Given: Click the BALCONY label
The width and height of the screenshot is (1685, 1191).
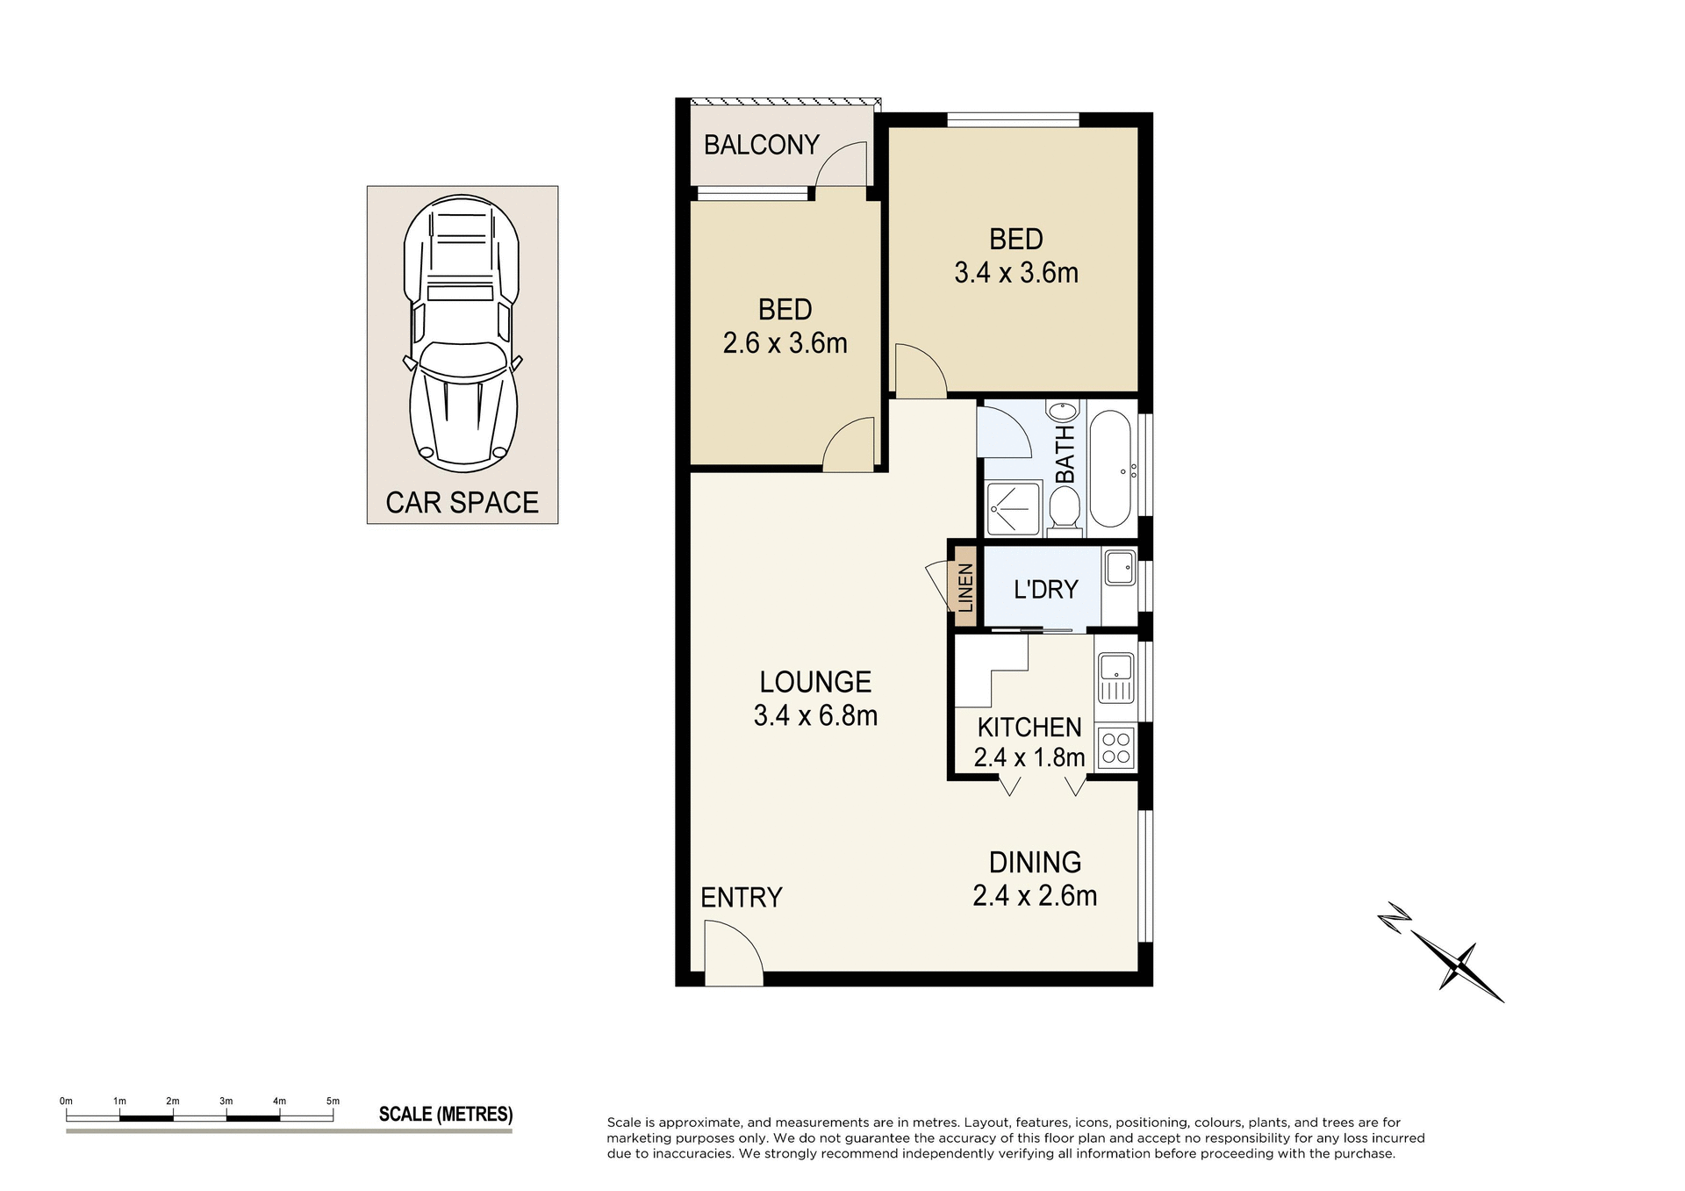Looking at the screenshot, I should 761,145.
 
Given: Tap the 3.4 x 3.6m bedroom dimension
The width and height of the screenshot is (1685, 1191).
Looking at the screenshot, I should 1015,273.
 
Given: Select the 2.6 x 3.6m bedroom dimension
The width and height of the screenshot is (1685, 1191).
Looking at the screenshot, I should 785,343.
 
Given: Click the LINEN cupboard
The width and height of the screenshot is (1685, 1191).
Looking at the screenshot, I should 964,587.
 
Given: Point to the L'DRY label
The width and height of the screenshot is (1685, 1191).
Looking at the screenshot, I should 1045,589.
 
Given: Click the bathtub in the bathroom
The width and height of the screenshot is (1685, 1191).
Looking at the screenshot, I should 1110,468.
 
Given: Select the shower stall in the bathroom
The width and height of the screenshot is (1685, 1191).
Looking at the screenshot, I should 1013,508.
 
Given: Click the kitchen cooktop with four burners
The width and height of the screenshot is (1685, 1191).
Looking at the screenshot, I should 1115,748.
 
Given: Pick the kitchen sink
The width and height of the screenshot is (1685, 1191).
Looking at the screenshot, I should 1115,677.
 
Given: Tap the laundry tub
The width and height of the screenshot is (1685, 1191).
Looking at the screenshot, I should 1119,567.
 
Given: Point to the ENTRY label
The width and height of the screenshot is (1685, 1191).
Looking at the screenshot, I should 741,897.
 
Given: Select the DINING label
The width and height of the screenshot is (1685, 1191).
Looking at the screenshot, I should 1035,862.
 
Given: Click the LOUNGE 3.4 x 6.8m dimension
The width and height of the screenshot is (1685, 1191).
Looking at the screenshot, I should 815,716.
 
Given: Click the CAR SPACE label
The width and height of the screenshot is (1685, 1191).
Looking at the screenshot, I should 462,503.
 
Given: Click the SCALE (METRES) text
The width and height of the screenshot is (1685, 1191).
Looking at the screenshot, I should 445,1115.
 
